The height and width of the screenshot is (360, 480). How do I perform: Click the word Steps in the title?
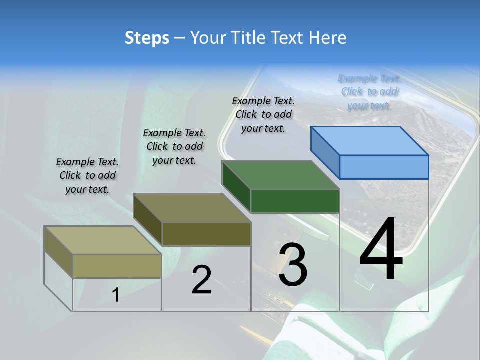[x=146, y=38]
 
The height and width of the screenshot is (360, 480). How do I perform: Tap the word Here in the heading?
[x=327, y=38]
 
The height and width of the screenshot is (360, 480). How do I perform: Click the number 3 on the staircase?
[x=293, y=265]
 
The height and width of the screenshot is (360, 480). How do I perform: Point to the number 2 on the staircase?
[x=202, y=280]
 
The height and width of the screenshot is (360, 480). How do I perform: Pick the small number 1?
[x=116, y=295]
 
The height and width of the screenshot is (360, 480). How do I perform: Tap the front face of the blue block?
[x=384, y=167]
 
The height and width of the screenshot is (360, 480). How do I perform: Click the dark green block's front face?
[x=295, y=201]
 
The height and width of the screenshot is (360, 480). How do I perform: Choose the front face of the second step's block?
[x=206, y=234]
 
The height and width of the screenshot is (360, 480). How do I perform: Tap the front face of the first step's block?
[x=117, y=266]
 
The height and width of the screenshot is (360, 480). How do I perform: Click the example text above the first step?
[x=87, y=175]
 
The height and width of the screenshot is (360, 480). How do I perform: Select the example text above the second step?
[x=174, y=146]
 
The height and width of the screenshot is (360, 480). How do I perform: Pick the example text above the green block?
[x=263, y=114]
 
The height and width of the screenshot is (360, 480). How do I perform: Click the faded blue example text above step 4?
[x=369, y=92]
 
